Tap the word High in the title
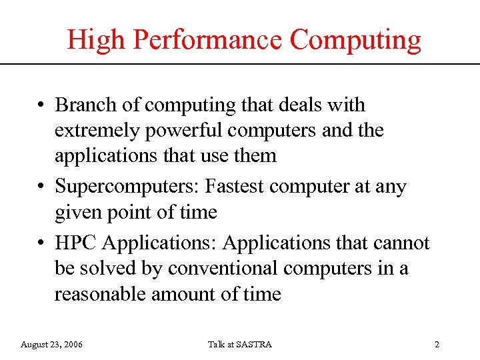(x=97, y=40)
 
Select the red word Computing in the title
(x=355, y=40)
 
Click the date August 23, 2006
(x=52, y=345)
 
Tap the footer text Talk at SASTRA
(x=240, y=345)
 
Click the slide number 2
(x=437, y=345)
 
